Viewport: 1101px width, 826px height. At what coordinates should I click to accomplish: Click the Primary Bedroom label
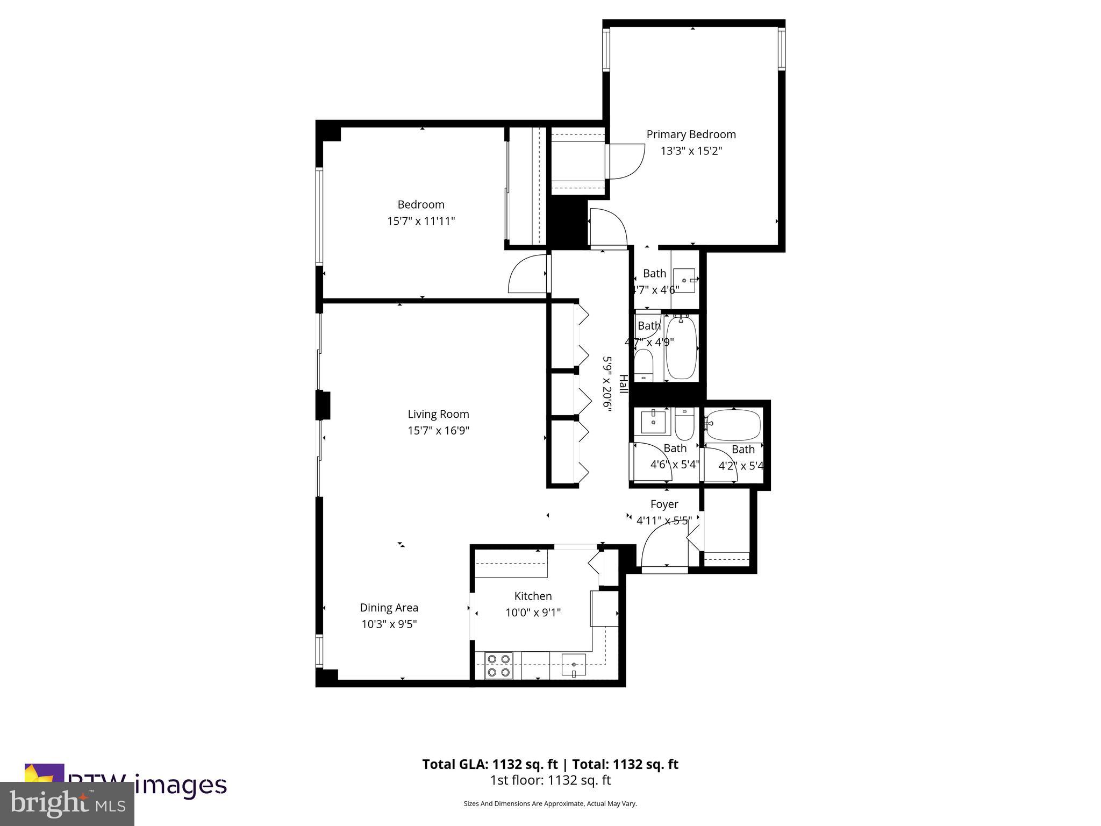[691, 134]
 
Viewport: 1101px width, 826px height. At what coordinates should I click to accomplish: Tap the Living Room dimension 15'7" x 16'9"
[438, 431]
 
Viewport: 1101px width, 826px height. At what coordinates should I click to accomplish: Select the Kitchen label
[533, 596]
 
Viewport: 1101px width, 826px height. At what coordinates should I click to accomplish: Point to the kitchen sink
[574, 665]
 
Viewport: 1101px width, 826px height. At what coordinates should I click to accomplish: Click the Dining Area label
[389, 608]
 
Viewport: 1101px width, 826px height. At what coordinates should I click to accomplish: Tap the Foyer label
[664, 504]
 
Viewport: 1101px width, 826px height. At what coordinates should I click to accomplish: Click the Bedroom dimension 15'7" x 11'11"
[421, 221]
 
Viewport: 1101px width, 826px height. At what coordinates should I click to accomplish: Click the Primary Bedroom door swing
[627, 161]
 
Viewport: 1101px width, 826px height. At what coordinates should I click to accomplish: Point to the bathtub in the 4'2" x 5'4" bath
[733, 425]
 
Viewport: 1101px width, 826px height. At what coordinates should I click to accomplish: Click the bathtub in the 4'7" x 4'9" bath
[681, 348]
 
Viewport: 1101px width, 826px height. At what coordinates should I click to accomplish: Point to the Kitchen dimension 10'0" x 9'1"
[533, 613]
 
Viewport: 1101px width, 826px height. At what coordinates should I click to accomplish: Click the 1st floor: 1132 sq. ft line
[550, 780]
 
